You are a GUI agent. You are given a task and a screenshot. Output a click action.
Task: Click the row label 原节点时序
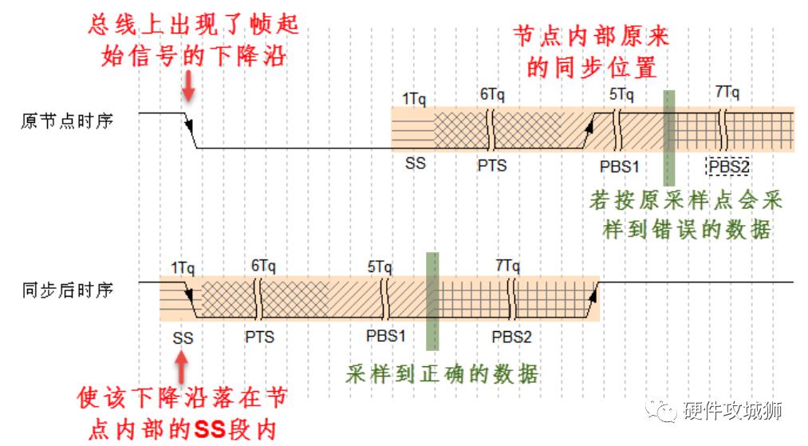[67, 121]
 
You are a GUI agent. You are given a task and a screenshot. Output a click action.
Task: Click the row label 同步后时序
[68, 290]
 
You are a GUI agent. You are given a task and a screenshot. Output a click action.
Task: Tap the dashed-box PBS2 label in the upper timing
[727, 167]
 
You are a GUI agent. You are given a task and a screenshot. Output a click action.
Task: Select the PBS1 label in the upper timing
[620, 167]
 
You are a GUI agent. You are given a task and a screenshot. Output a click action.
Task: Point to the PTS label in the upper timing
[492, 165]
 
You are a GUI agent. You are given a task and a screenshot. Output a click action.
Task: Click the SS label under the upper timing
[416, 164]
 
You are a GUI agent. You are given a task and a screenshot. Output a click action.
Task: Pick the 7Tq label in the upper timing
[727, 93]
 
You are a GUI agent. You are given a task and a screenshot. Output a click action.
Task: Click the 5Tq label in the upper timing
[621, 94]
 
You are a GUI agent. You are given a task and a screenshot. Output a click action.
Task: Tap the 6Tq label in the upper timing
[492, 94]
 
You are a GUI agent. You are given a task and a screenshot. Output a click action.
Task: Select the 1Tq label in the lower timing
[183, 268]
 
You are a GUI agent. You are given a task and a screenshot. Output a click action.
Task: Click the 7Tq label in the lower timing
[507, 266]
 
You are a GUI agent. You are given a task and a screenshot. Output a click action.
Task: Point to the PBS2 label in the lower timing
[511, 337]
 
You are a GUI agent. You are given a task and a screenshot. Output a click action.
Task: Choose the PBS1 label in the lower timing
[385, 336]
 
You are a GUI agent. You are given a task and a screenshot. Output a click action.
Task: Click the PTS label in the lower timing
[260, 337]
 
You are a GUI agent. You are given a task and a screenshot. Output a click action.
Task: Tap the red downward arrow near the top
[188, 85]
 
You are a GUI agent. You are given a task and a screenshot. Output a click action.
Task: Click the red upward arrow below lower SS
[181, 367]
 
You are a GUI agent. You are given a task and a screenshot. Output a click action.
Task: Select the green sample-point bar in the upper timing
[669, 138]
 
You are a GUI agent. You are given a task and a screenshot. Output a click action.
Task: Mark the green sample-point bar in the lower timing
[433, 302]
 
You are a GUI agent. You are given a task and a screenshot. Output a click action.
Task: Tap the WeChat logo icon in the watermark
[661, 409]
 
